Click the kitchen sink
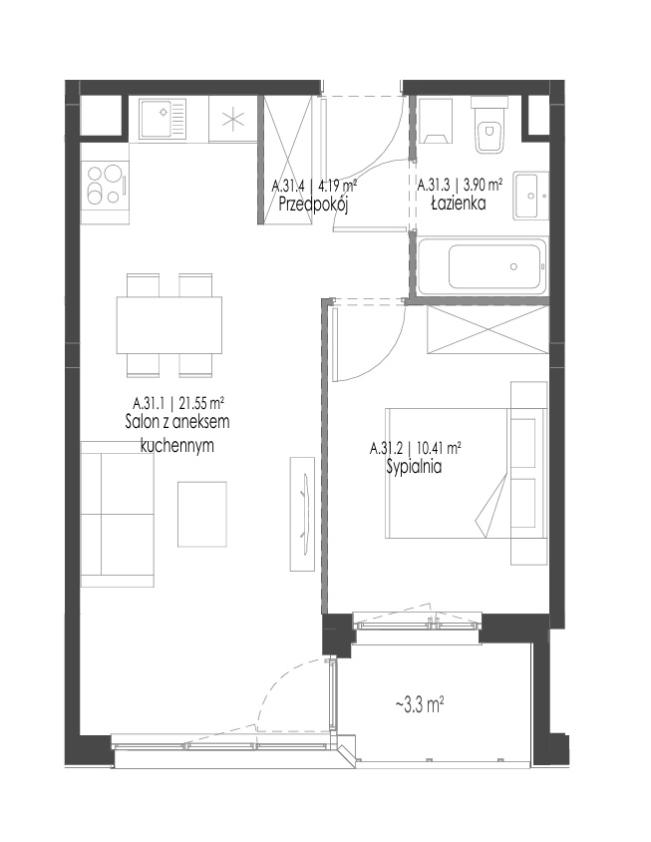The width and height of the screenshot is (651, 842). tap(163, 119)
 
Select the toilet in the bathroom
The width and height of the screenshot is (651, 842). tap(488, 124)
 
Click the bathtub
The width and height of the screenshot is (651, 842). tap(482, 266)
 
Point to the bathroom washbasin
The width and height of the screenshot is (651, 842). tap(530, 196)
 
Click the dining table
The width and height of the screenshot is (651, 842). tap(169, 325)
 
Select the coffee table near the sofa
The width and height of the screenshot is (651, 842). tap(202, 514)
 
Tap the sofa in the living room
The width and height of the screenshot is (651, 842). tap(118, 514)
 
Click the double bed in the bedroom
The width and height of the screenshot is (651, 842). tap(466, 473)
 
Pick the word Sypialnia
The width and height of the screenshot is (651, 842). tap(414, 467)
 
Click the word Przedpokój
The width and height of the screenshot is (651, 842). tap(314, 205)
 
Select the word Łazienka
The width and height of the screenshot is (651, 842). tap(459, 203)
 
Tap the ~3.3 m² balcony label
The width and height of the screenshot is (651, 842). tap(420, 704)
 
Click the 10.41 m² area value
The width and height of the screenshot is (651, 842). tap(439, 447)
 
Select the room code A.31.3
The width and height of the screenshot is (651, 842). tap(433, 186)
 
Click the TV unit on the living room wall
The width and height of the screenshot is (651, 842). tap(302, 514)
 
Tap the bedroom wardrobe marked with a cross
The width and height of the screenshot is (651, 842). tap(488, 329)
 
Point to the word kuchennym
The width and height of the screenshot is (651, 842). tap(176, 445)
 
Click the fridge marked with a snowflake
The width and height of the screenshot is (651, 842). tap(233, 119)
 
